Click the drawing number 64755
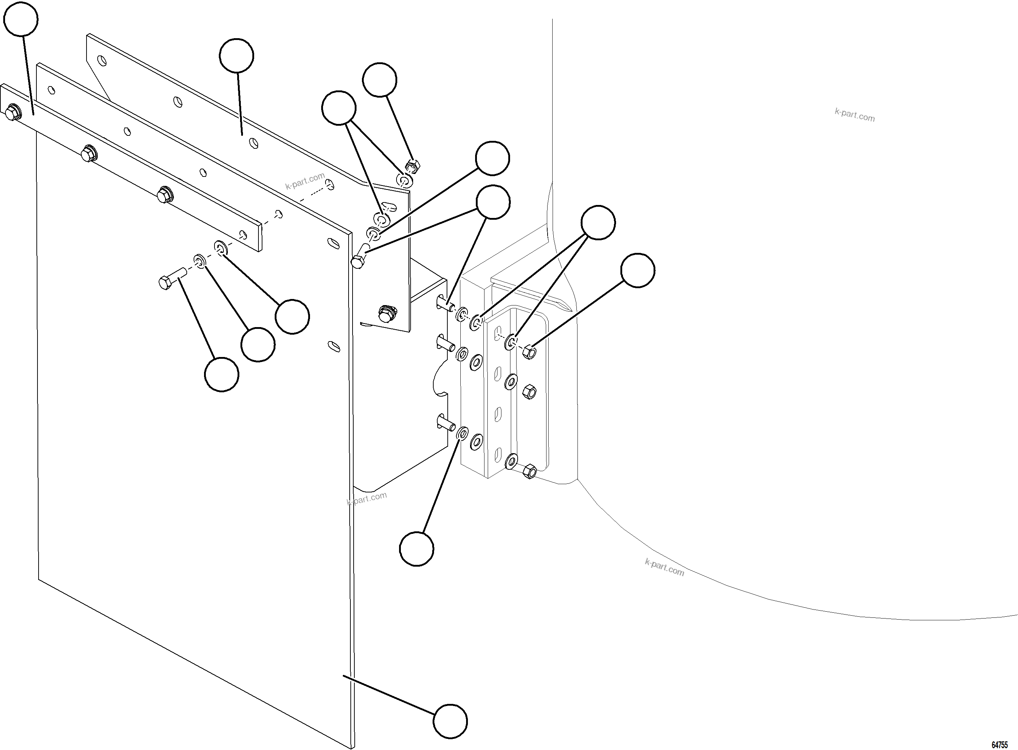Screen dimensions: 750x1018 click(x=999, y=745)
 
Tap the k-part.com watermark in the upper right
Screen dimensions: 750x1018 click(x=854, y=115)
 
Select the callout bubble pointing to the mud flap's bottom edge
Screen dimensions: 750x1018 click(x=450, y=721)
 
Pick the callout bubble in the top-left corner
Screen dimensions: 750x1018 click(x=21, y=19)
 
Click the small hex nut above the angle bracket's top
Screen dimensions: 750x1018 click(x=412, y=167)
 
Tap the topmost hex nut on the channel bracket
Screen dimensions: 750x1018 click(x=529, y=352)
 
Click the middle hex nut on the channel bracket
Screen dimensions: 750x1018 click(x=529, y=391)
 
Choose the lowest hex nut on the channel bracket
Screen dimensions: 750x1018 click(x=529, y=471)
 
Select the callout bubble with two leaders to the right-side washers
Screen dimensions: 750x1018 click(x=598, y=223)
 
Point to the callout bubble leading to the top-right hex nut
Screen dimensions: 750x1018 click(x=637, y=270)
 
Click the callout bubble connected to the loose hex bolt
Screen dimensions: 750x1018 click(x=221, y=374)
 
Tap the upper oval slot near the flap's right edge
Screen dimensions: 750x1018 click(x=334, y=244)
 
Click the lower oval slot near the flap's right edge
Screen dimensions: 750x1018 click(x=334, y=347)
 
